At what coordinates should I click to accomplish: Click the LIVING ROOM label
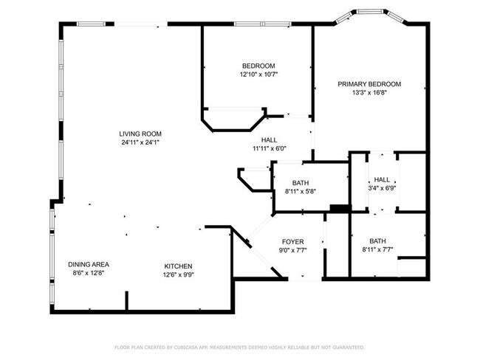click(x=140, y=134)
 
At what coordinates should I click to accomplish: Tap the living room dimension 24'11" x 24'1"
click(x=140, y=142)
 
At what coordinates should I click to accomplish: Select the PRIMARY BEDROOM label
click(x=369, y=84)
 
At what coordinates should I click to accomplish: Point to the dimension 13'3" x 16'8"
click(x=369, y=93)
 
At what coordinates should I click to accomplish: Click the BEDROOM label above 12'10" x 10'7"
click(x=258, y=65)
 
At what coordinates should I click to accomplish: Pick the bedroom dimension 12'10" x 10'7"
click(x=258, y=74)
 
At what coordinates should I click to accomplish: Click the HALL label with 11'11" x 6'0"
click(x=269, y=139)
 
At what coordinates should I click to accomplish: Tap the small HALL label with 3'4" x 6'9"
click(x=382, y=179)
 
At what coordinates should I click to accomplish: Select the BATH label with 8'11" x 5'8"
click(x=300, y=183)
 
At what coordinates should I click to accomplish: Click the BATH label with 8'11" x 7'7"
click(x=377, y=240)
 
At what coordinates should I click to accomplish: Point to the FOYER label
click(x=293, y=241)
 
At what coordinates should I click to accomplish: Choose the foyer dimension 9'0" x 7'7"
click(x=293, y=250)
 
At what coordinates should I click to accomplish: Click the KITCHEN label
click(x=178, y=266)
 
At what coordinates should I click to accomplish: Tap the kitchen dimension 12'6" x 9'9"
click(x=178, y=274)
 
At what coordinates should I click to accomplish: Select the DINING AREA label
click(x=89, y=265)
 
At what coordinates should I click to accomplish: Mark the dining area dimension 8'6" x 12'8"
click(x=89, y=274)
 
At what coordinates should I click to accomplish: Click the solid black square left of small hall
click(x=339, y=209)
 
